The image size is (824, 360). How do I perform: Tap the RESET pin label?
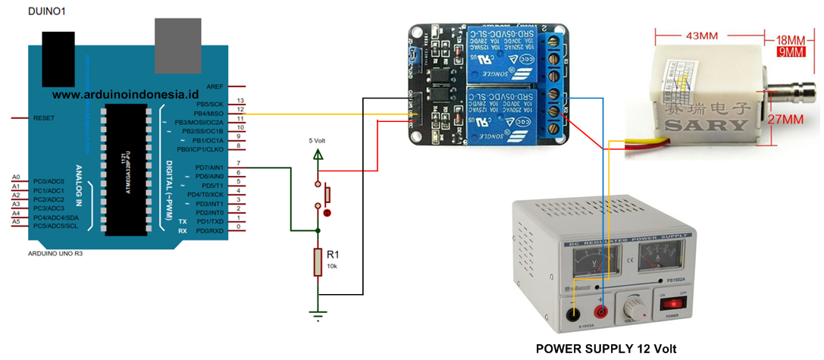(43, 118)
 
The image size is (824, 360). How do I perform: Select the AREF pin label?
(215, 87)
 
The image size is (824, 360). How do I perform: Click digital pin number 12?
(240, 111)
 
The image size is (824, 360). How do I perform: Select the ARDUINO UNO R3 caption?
(55, 254)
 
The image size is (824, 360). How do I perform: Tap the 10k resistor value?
(332, 267)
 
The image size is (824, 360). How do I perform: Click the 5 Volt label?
(319, 140)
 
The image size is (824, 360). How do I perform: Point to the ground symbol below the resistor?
(319, 312)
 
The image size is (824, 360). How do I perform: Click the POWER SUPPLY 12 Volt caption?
(605, 349)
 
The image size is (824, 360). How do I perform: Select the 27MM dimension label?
(786, 119)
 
